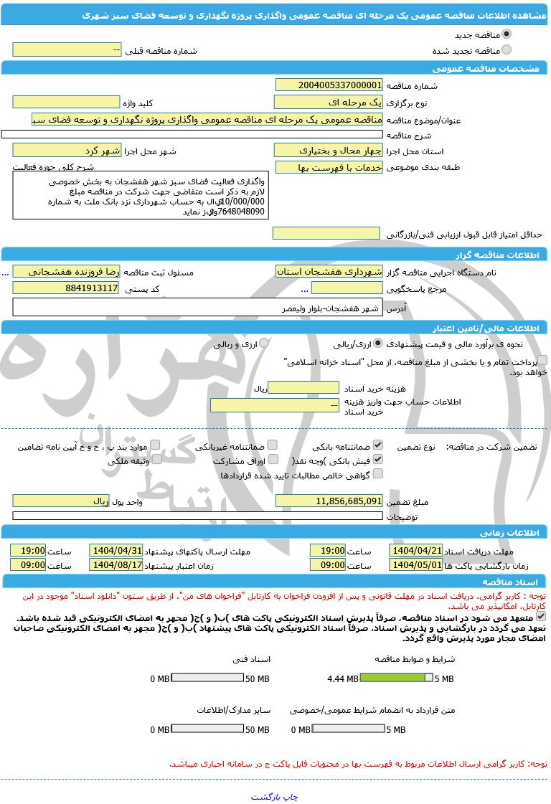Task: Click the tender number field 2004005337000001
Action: point(329,85)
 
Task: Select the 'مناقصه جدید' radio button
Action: point(507,34)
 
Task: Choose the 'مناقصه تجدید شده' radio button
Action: point(507,49)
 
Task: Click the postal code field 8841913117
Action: point(66,288)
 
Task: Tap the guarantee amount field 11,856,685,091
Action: point(329,501)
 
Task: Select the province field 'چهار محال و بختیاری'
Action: point(329,150)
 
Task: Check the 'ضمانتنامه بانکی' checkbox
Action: point(378,445)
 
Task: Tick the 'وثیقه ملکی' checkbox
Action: point(155,460)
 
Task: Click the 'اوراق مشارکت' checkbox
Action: point(272,460)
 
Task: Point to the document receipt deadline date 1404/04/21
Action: point(416,550)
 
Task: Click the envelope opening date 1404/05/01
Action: point(416,564)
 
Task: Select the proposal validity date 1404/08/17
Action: point(116,564)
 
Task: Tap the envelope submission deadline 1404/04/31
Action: point(116,550)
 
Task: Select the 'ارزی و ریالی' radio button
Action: point(264,344)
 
